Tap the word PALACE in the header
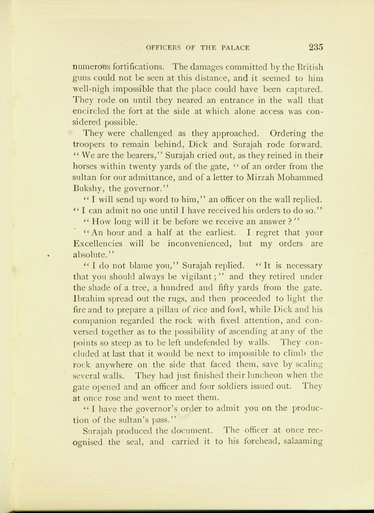(x=235, y=48)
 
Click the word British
(x=307, y=67)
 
